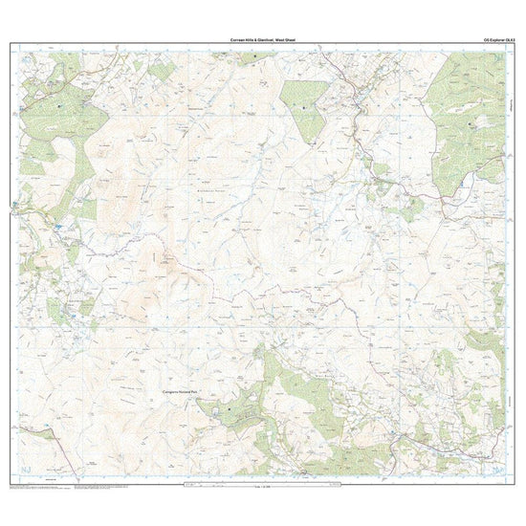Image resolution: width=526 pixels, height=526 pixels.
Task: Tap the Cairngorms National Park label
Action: coord(164,392)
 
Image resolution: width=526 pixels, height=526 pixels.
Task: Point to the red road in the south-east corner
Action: coord(459,449)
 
